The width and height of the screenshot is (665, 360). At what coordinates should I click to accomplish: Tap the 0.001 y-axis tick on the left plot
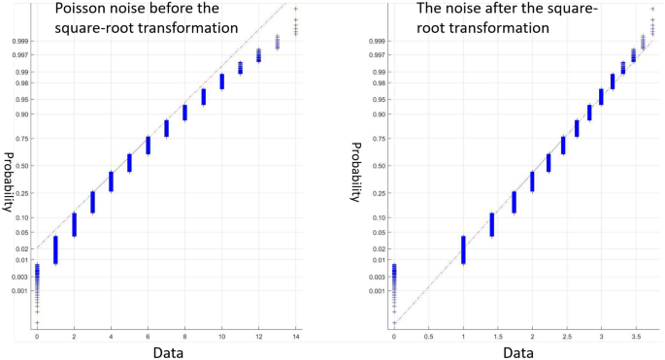point(22,290)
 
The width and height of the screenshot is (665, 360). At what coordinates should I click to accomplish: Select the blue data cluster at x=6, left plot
point(148,145)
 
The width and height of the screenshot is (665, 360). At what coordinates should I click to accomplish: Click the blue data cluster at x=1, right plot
point(463,249)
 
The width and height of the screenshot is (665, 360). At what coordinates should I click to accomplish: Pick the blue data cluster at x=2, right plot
point(532,180)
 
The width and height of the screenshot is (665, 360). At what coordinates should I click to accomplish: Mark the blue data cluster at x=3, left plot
point(92,202)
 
